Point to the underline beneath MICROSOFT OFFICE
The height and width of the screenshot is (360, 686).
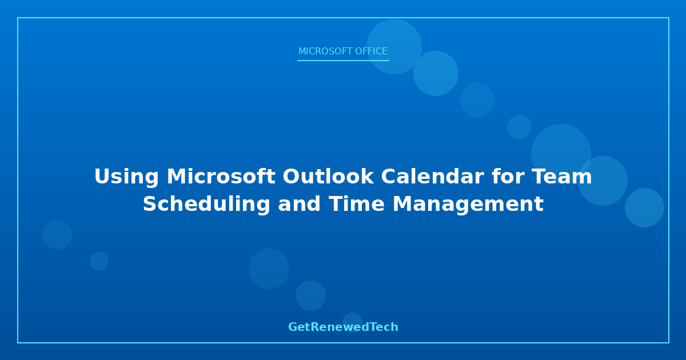point(343,61)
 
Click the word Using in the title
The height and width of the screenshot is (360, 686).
point(126,177)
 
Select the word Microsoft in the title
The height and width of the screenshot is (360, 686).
point(221,177)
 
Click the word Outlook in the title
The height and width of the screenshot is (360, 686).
point(328,177)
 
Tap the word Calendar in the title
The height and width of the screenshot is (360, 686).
point(432,177)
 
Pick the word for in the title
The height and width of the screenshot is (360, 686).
point(508,177)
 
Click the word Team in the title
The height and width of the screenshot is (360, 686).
point(561,177)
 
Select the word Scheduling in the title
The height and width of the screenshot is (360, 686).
point(206,205)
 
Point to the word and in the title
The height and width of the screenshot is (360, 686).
point(299,204)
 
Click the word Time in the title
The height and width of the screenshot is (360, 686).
point(357,204)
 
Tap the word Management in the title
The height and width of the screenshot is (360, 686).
point(468,205)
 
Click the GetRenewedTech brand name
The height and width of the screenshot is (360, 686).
point(343,327)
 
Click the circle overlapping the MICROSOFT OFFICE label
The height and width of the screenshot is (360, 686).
point(394,46)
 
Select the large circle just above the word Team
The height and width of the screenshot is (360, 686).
point(561,154)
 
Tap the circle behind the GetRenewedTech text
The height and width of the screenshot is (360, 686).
point(352,323)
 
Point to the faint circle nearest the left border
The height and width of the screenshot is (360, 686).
point(57,234)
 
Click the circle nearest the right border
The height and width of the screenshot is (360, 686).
point(644,208)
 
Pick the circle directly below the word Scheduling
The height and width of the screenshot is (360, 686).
point(269,269)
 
